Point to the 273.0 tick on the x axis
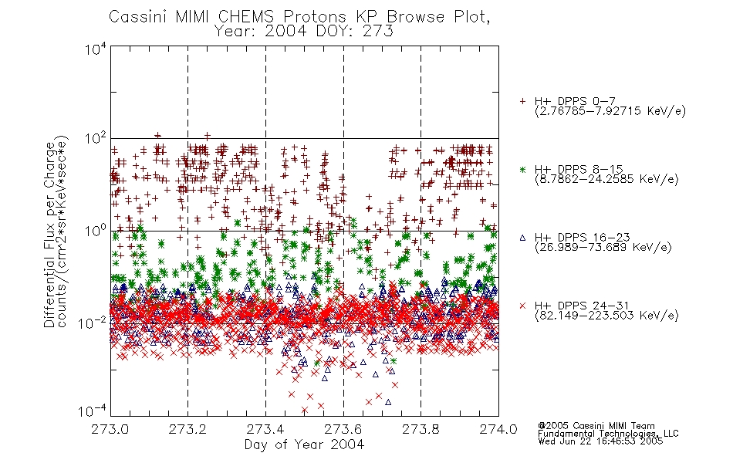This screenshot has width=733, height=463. [110, 429]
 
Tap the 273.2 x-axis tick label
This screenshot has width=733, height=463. [187, 429]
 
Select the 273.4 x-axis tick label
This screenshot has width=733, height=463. [265, 429]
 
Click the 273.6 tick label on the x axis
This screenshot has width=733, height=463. [343, 429]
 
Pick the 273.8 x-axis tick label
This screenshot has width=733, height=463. [421, 429]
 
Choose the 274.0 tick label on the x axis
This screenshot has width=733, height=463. [498, 429]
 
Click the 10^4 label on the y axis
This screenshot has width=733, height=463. [95, 49]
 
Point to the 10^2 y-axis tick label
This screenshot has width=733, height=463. [95, 139]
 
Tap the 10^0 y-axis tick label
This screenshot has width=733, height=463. [95, 231]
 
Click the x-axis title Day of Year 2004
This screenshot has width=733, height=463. [304, 444]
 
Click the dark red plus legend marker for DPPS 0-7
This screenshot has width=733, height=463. [522, 101]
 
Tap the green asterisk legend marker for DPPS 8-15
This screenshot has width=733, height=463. [522, 169]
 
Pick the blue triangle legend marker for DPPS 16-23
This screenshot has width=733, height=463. [522, 238]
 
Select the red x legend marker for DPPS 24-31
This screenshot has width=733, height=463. [522, 306]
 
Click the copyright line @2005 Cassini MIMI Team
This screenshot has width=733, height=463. [596, 426]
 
